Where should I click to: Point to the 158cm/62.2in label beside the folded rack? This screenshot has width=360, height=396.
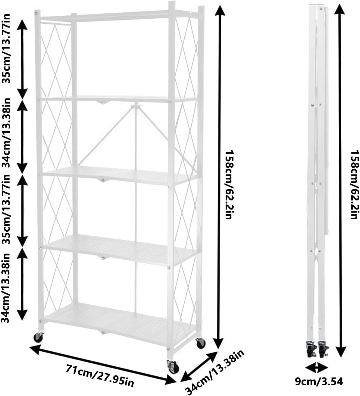[x=354, y=185]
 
